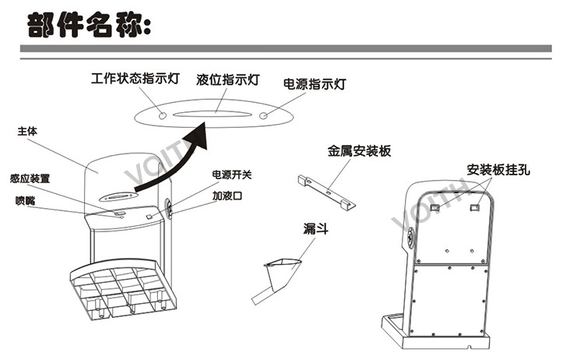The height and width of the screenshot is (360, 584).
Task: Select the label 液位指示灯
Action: click(228, 80)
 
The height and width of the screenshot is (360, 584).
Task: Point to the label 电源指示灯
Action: click(314, 83)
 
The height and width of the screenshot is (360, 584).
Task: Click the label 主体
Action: click(28, 132)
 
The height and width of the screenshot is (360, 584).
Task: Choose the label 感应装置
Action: click(30, 178)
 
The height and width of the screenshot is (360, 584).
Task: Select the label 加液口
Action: click(227, 196)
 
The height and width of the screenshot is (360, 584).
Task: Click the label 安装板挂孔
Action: click(498, 169)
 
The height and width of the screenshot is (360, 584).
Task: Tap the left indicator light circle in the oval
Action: click(162, 115)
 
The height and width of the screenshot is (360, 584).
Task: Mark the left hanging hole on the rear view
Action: click(436, 206)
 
